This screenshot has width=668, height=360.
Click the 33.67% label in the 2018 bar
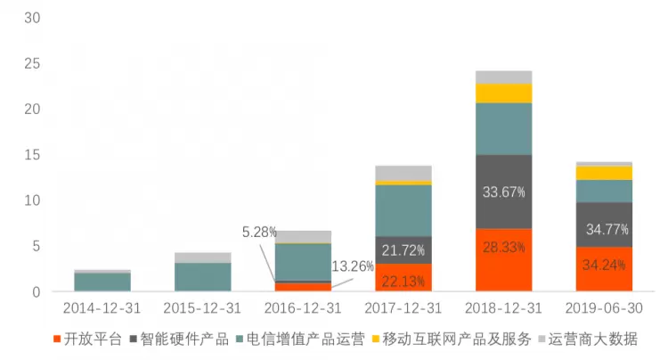click(503, 192)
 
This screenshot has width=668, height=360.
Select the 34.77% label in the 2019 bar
click(607, 229)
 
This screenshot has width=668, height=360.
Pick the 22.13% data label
click(403, 282)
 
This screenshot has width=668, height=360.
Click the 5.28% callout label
click(259, 232)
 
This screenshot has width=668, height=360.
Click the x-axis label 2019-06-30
click(604, 307)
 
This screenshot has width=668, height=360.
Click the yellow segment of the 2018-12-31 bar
click(503, 93)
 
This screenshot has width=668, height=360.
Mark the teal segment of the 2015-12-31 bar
click(202, 276)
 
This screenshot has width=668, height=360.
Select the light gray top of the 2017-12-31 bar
click(403, 172)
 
